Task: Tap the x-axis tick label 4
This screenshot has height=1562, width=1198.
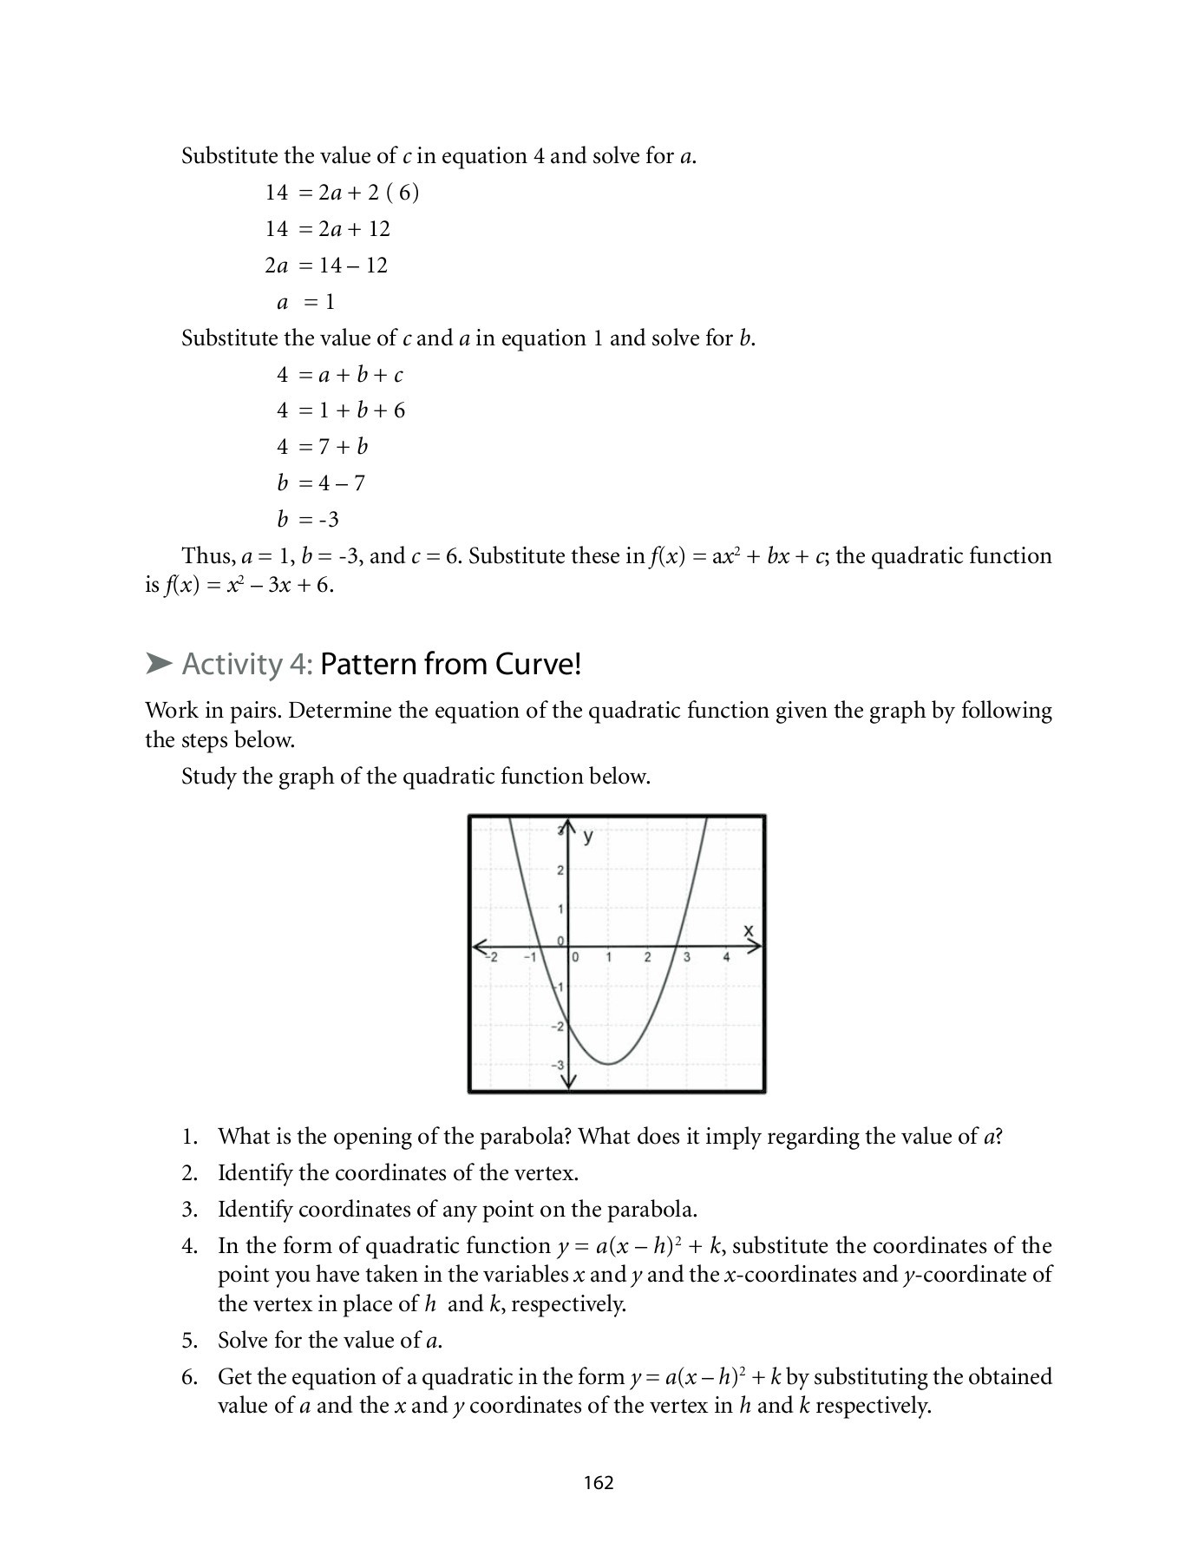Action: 726,957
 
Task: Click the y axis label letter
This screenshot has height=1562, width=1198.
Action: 588,837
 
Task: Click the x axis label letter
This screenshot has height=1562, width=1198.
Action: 749,931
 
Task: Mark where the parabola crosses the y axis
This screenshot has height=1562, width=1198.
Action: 568,1021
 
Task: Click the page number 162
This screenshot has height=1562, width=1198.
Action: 599,1482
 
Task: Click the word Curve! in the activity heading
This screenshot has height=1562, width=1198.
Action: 538,664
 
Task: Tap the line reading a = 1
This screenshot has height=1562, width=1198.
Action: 305,302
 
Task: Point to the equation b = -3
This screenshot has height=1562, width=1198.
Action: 308,519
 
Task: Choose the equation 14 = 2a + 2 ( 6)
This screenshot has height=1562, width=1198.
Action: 342,192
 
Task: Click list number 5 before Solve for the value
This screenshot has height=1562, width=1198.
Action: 190,1340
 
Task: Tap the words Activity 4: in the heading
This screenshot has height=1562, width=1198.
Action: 246,664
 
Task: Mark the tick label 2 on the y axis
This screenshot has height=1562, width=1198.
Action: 560,870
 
